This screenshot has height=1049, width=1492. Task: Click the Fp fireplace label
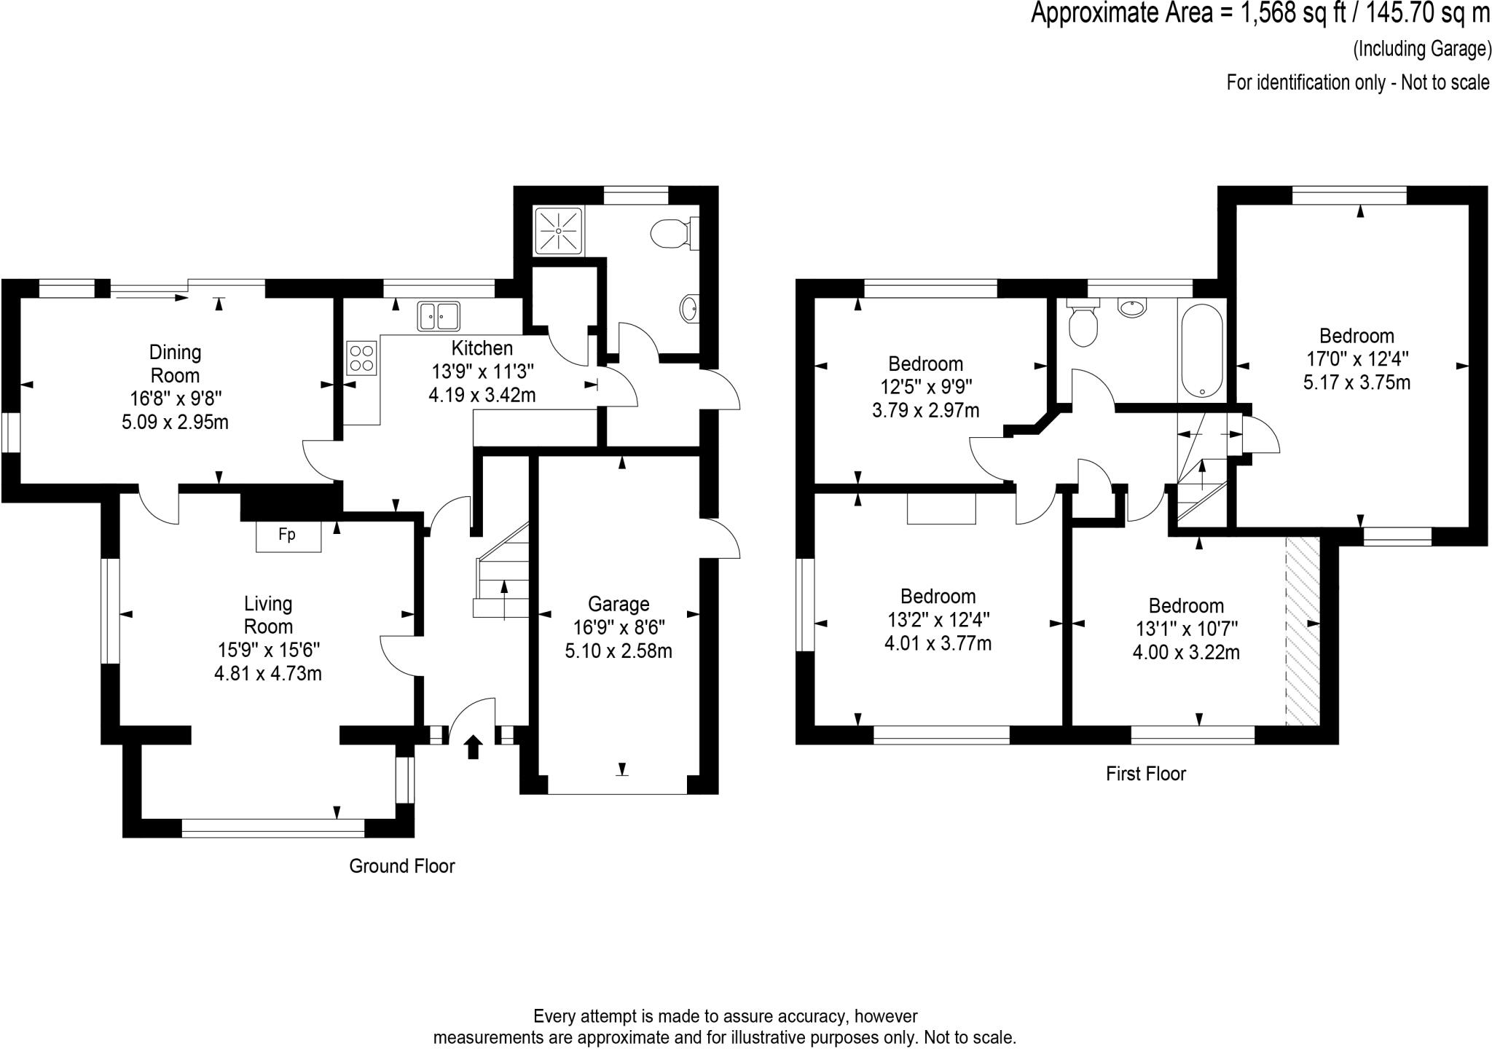287,535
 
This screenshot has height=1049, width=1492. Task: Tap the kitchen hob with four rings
362,358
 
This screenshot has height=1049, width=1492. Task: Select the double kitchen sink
439,316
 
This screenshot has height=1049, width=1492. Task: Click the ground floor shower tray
559,231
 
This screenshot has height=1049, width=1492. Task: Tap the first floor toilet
1083,324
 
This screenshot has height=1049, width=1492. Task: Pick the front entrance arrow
474,747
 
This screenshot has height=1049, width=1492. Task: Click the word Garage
619,604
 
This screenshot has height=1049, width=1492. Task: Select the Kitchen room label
482,348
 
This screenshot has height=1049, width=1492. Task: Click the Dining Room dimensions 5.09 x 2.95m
175,422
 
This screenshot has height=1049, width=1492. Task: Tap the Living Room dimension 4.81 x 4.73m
268,673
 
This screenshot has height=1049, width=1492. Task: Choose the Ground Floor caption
402,865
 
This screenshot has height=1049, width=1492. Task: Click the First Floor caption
1146,774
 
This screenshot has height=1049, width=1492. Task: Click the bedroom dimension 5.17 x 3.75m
1356,382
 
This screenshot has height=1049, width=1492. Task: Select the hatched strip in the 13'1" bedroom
1303,632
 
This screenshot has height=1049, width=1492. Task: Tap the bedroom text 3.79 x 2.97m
925,410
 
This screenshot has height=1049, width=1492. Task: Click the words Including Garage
1422,49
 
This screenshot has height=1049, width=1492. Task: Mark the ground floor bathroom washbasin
689,309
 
